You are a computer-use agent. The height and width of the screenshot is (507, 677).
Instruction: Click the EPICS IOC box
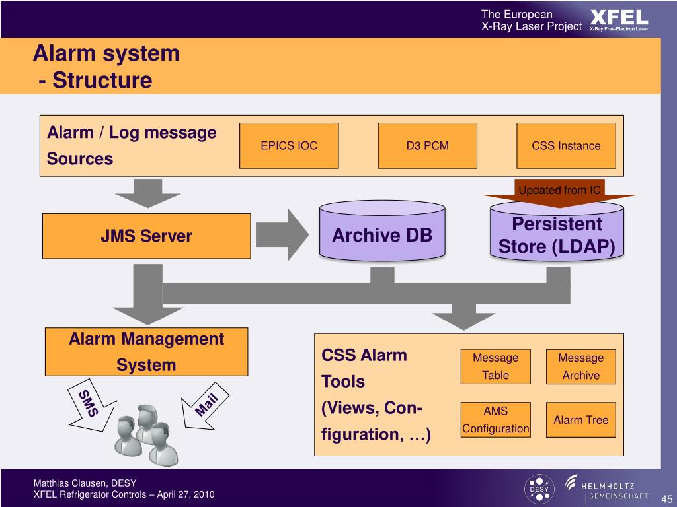[x=289, y=146]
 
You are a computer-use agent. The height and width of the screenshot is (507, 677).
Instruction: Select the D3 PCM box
[x=428, y=146]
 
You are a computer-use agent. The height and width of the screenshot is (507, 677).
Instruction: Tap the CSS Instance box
[x=566, y=146]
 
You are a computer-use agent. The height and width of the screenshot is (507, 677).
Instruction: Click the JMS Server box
[x=146, y=236]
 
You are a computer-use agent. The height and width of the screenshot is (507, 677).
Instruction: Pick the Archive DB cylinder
[x=382, y=231]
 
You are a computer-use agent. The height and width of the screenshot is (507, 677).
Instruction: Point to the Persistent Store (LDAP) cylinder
[x=557, y=233]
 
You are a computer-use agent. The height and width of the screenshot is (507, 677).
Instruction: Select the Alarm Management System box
[x=146, y=352]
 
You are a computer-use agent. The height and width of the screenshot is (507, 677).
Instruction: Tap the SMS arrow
[x=91, y=405]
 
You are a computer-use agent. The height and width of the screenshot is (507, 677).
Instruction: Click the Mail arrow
[x=205, y=406]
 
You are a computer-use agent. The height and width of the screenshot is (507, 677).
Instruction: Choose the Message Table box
[x=496, y=366]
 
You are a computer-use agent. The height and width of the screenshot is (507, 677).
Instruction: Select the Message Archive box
[x=580, y=366]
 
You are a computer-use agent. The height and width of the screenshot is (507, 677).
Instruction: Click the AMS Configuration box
[x=496, y=420]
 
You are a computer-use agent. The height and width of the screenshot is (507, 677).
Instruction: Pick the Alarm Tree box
[x=580, y=420]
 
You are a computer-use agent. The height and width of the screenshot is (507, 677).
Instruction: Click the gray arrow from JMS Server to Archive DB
[x=282, y=235]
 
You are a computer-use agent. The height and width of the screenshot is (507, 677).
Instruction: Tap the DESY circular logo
[x=539, y=489]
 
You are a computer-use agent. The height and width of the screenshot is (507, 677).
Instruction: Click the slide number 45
[x=666, y=499]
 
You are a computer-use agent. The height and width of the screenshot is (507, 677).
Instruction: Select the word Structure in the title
[x=102, y=80]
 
